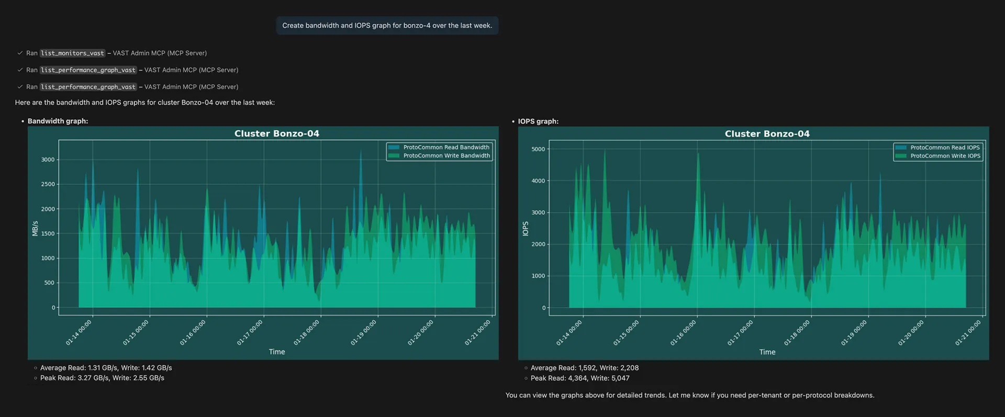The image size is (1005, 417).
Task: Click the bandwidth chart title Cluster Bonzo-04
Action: pos(276,133)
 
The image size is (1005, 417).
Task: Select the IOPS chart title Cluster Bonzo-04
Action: pos(767,134)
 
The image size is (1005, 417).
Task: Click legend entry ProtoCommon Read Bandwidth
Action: pos(446,148)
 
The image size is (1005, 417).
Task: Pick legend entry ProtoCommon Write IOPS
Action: pos(945,156)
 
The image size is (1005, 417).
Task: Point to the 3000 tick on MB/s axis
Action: pos(48,160)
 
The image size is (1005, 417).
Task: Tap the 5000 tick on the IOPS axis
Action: pos(538,149)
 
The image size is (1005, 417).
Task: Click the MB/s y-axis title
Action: pos(35,229)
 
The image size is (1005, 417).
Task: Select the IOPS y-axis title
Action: pos(526,229)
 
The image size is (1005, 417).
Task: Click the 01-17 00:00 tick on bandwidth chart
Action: pos(250,333)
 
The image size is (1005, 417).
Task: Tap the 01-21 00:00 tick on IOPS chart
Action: pos(968,333)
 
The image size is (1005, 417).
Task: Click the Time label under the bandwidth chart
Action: pos(276,352)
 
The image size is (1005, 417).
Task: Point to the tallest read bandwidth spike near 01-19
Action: pos(361,151)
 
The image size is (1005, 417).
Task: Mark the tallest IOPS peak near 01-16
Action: pos(698,154)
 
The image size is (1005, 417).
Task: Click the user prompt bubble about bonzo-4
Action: pos(387,25)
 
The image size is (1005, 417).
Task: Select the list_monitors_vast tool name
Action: pos(72,53)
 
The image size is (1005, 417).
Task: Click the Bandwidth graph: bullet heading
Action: pos(58,121)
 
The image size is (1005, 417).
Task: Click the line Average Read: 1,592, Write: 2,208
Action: pos(584,368)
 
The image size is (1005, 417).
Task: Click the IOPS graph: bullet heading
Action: pos(538,121)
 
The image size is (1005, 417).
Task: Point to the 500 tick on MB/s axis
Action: pos(49,283)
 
